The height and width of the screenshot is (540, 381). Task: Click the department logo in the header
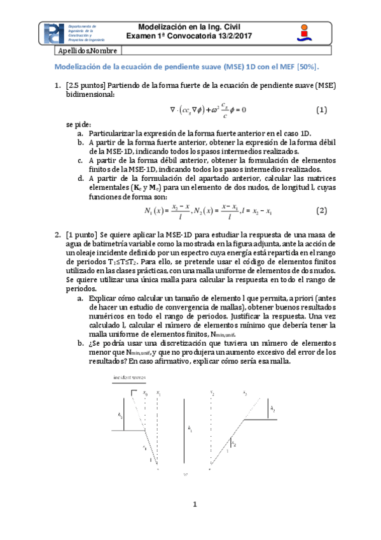[55, 34]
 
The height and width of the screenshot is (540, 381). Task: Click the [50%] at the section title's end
[307, 66]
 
